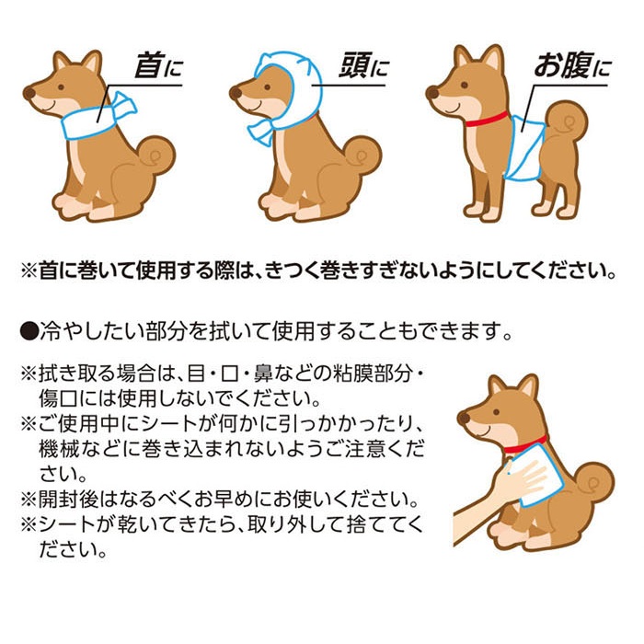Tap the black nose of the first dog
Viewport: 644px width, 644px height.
[x=29, y=93]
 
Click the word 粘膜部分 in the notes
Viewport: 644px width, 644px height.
[x=380, y=375]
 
